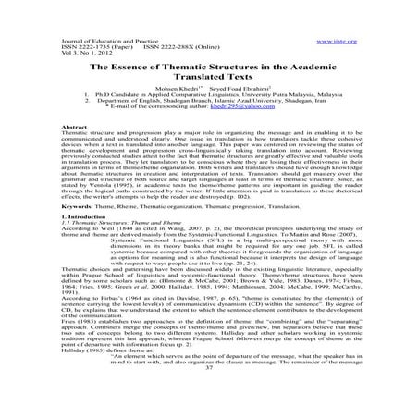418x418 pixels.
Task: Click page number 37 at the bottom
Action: (208, 392)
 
